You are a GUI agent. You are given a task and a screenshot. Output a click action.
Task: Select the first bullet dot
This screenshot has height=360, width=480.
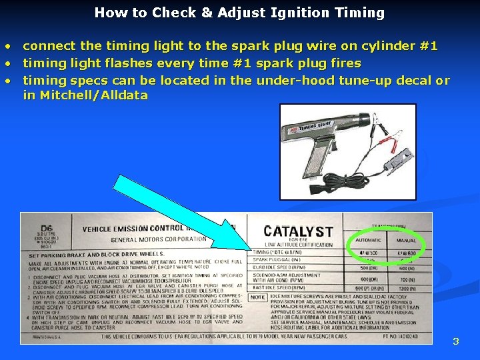[8, 47]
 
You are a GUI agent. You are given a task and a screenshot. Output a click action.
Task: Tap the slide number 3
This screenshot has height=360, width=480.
[456, 341]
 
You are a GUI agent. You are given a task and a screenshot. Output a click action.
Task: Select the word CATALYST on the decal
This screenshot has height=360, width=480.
[297, 231]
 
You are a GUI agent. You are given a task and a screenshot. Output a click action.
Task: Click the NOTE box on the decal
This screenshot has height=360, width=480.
[257, 297]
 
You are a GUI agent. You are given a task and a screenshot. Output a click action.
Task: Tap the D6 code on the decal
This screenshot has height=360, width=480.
[46, 227]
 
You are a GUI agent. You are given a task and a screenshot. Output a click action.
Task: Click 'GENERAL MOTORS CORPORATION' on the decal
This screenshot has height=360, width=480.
[158, 239]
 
